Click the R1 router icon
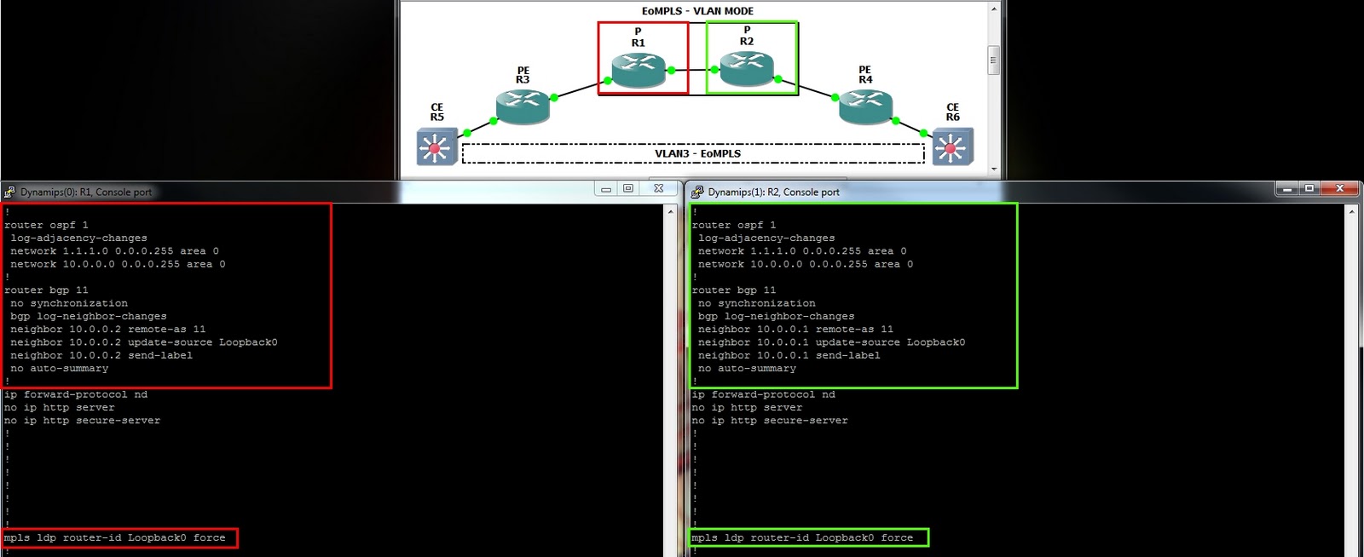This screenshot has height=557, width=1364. pyautogui.click(x=639, y=70)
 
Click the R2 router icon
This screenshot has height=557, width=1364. pyautogui.click(x=747, y=69)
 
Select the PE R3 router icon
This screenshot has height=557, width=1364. pyautogui.click(x=523, y=106)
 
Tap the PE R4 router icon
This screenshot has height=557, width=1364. pyautogui.click(x=866, y=106)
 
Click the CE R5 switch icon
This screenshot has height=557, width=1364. pyautogui.click(x=436, y=146)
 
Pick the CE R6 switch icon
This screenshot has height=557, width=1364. pyautogui.click(x=952, y=146)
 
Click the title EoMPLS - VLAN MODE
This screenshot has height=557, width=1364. pyautogui.click(x=698, y=11)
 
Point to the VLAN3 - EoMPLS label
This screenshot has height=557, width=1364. pyautogui.click(x=698, y=153)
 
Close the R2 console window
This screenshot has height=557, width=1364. pyautogui.click(x=1339, y=188)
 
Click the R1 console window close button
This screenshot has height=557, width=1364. pyautogui.click(x=658, y=188)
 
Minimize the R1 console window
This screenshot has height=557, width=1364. pyautogui.click(x=606, y=189)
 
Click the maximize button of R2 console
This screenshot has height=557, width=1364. pyautogui.click(x=1309, y=188)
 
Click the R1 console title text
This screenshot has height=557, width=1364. pyautogui.click(x=86, y=192)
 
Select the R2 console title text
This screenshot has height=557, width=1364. pyautogui.click(x=773, y=192)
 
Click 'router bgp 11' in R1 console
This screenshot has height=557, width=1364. pyautogui.click(x=46, y=290)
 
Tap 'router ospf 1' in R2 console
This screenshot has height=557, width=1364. pyautogui.click(x=734, y=225)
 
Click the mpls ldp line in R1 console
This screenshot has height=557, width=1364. pyautogui.click(x=114, y=537)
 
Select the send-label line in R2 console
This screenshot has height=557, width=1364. pyautogui.click(x=789, y=355)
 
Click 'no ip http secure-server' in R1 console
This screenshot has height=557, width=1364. pyautogui.click(x=82, y=420)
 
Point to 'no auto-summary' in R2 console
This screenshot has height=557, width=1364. pyautogui.click(x=747, y=369)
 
